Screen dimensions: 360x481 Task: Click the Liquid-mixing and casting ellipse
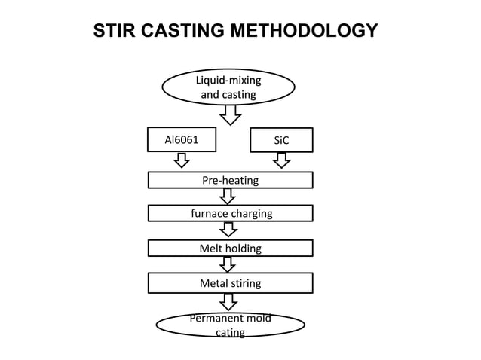coord(228,87)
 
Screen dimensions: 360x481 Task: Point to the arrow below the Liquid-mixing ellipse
coord(230,114)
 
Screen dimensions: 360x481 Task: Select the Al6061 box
coord(181,139)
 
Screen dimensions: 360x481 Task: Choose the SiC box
coord(281,140)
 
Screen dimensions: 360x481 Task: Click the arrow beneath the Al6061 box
coord(181,160)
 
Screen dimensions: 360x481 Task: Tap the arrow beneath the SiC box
coord(281,160)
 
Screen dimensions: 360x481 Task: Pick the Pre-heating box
coord(230,180)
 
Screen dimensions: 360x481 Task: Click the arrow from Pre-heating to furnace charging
coord(228,196)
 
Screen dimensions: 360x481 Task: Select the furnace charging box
coord(230,213)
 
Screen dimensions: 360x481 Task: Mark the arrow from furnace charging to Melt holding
coord(228,230)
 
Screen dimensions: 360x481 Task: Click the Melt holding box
coord(230,248)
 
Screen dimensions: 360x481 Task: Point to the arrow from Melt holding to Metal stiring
coord(228,264)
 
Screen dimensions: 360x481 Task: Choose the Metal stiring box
coord(230,283)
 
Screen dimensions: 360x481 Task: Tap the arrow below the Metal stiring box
coord(228,301)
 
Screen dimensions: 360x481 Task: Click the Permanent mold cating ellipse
coord(230,325)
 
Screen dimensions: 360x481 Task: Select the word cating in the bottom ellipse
coord(230,332)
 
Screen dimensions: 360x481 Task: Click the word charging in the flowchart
coord(251,213)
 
